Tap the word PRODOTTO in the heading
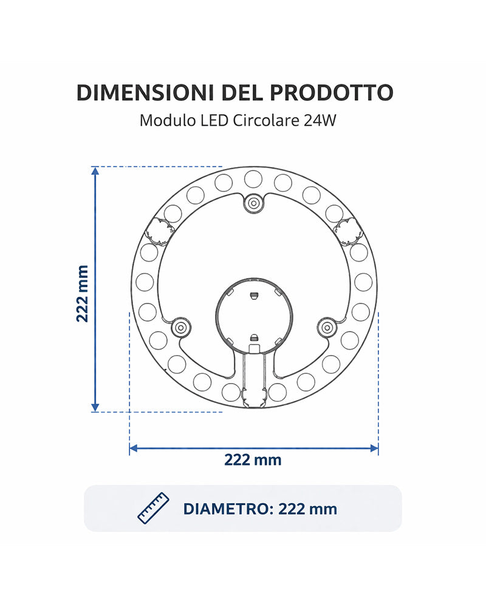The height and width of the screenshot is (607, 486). (331, 92)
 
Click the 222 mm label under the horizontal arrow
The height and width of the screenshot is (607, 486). (253, 459)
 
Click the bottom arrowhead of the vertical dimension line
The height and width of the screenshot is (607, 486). (95, 407)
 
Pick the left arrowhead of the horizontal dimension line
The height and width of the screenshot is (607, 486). (134, 449)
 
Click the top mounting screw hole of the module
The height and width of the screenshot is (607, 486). (253, 203)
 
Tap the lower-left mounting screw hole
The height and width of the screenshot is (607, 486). (180, 327)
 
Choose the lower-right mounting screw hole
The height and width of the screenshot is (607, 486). (327, 327)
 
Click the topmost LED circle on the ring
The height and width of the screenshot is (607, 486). (253, 178)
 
